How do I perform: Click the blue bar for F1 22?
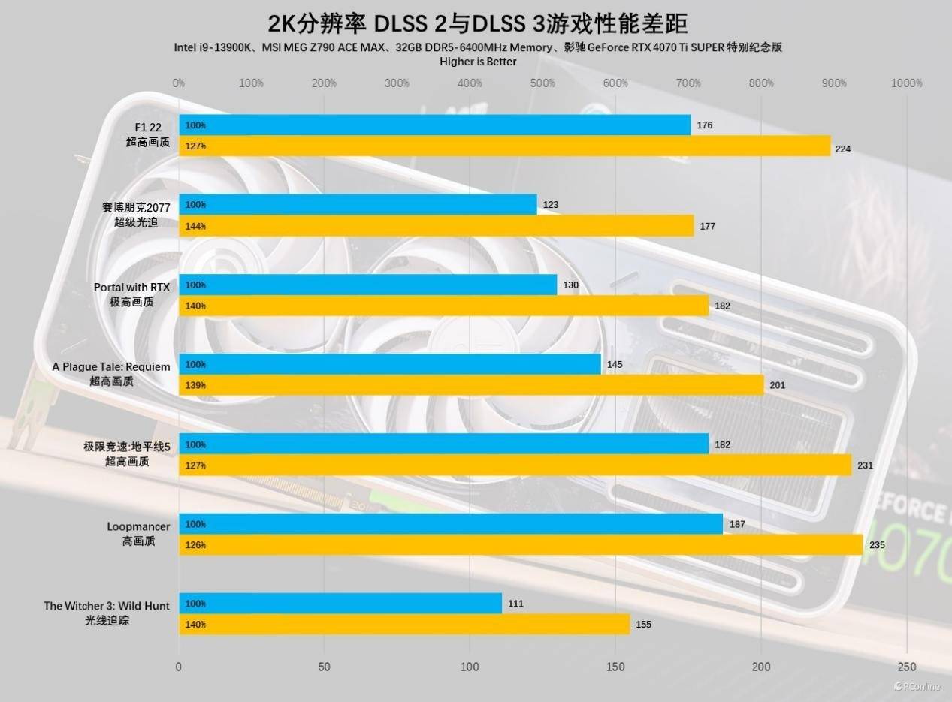pyautogui.click(x=434, y=125)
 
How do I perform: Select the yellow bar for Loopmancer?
pyautogui.click(x=520, y=545)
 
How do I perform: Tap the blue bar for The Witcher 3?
pyautogui.click(x=340, y=604)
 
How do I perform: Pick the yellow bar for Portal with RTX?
pyautogui.click(x=443, y=306)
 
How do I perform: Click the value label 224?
pyautogui.click(x=843, y=149)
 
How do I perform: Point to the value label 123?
pyautogui.click(x=551, y=205)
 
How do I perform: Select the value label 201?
pyautogui.click(x=778, y=386)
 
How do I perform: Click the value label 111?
pyautogui.click(x=515, y=604)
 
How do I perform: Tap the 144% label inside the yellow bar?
pyautogui.click(x=195, y=226)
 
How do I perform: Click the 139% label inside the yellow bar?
pyautogui.click(x=195, y=385)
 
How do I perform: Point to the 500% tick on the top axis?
pyautogui.click(x=542, y=83)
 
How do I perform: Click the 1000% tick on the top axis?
pyautogui.click(x=906, y=83)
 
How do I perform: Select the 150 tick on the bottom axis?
pyautogui.click(x=615, y=667)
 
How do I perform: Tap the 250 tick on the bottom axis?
pyautogui.click(x=906, y=667)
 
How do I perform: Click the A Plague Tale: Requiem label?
pyautogui.click(x=111, y=367)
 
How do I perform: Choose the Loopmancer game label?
pyautogui.click(x=138, y=526)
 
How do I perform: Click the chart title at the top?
pyautogui.click(x=478, y=23)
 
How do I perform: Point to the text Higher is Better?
pyautogui.click(x=478, y=62)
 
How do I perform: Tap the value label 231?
pyautogui.click(x=865, y=465)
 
